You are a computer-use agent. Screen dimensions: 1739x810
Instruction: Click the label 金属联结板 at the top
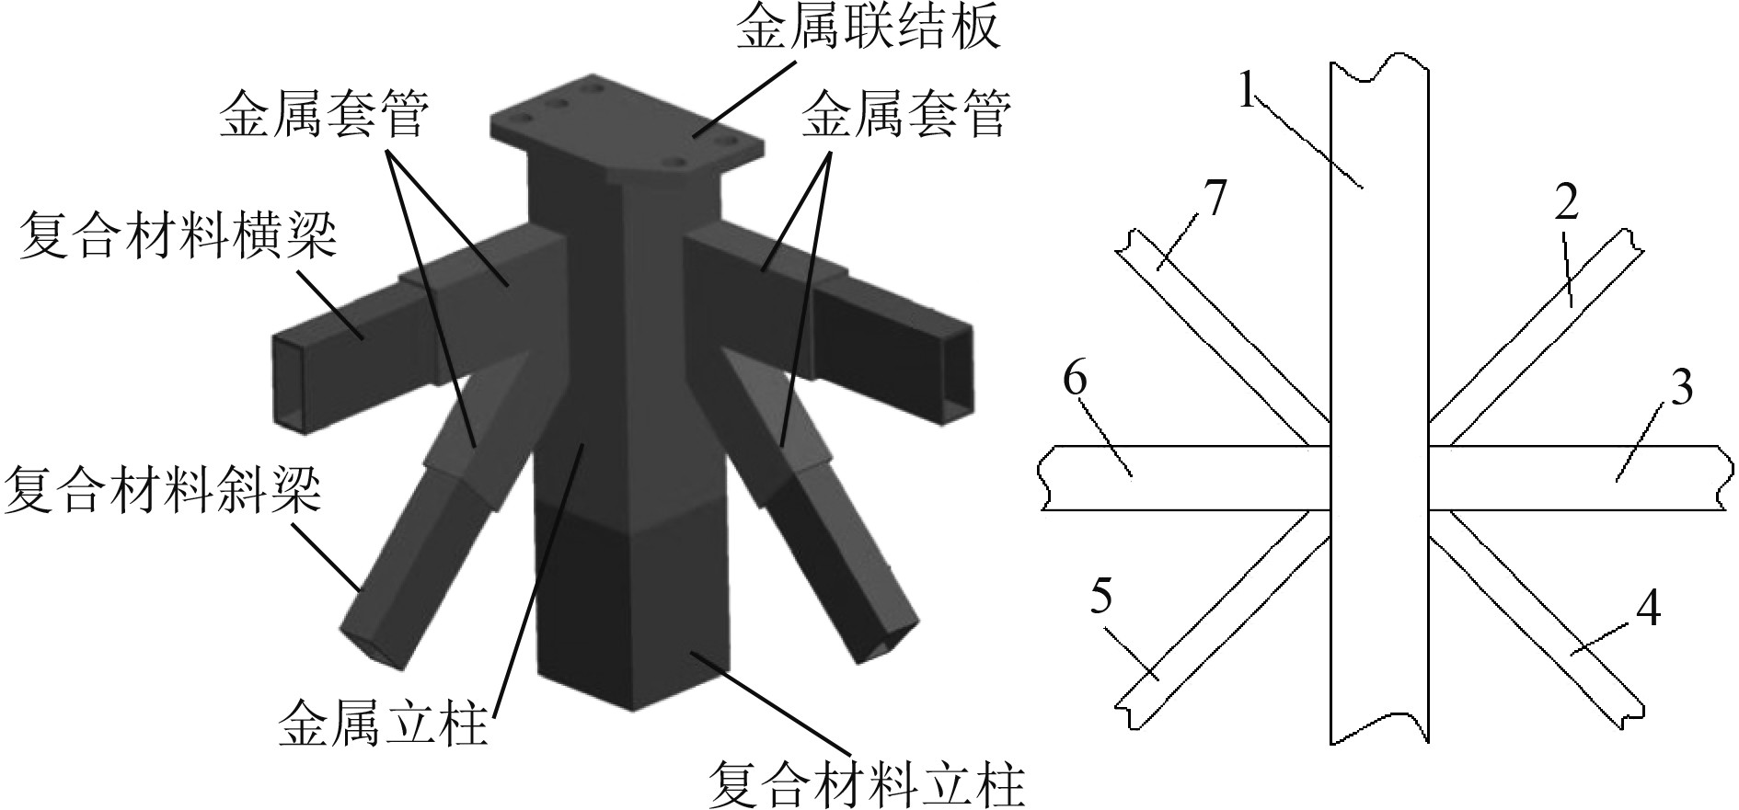click(x=868, y=31)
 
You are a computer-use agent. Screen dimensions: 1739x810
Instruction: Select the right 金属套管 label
click(x=906, y=117)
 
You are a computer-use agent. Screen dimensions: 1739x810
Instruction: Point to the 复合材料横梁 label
click(x=178, y=235)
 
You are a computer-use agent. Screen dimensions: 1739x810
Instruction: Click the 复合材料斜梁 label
click(x=163, y=489)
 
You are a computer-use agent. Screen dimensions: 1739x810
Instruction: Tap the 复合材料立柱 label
click(x=866, y=783)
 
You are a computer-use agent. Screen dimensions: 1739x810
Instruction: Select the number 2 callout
click(x=1566, y=203)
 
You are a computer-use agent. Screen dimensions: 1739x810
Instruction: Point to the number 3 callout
click(x=1681, y=389)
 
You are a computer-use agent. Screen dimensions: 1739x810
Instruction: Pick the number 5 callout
click(x=1100, y=595)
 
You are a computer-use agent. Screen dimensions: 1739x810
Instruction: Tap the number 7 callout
click(x=1214, y=198)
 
